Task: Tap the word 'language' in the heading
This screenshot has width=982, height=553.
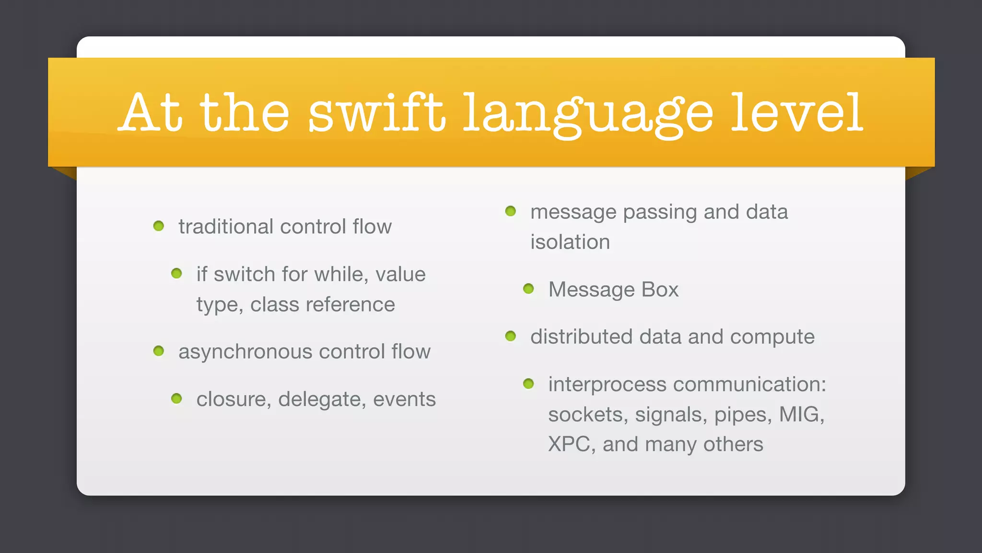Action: pyautogui.click(x=588, y=115)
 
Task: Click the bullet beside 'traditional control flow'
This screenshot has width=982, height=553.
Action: pyautogui.click(x=159, y=226)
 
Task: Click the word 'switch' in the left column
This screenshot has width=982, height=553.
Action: pyautogui.click(x=244, y=275)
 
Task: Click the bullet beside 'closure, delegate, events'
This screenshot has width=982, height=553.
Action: pyautogui.click(x=176, y=398)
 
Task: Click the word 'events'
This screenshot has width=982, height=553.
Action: pyautogui.click(x=404, y=399)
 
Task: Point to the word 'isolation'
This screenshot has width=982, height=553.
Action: pyautogui.click(x=570, y=242)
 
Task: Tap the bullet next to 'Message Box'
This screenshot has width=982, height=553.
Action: pyautogui.click(x=528, y=289)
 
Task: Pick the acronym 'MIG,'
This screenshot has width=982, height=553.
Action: pyautogui.click(x=801, y=414)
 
